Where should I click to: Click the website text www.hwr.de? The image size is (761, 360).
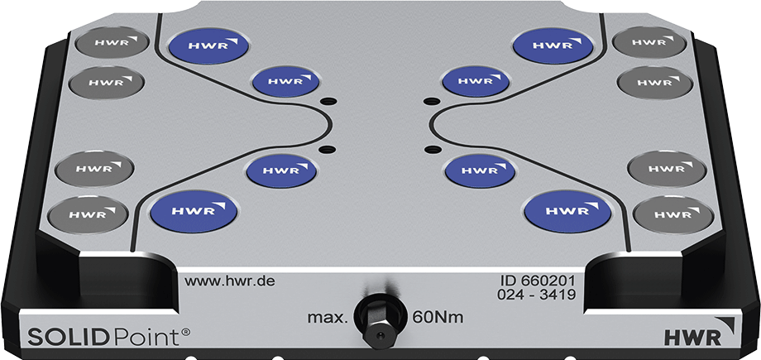pyautogui.click(x=229, y=281)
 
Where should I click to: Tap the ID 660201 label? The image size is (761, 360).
pyautogui.click(x=544, y=281)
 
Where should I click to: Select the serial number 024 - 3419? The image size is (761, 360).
pyautogui.click(x=543, y=295)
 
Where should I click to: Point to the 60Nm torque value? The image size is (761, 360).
pyautogui.click(x=438, y=317)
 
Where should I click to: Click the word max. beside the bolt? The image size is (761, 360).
pyautogui.click(x=327, y=317)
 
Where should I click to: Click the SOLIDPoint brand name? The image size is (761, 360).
pyautogui.click(x=98, y=336)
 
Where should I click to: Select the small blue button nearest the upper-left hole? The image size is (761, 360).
pyautogui.click(x=285, y=81)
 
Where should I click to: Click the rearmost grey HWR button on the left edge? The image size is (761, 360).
pyautogui.click(x=110, y=41)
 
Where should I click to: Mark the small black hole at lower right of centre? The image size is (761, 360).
pyautogui.click(x=431, y=149)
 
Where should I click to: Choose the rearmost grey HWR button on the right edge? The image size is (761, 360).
pyautogui.click(x=649, y=41)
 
